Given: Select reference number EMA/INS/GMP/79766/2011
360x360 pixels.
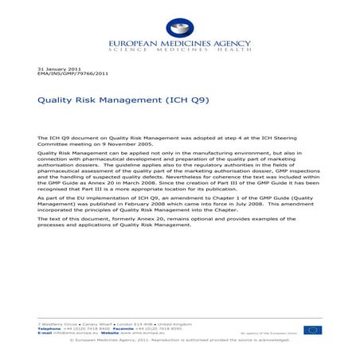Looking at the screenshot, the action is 73,75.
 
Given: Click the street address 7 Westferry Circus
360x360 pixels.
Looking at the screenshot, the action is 60,324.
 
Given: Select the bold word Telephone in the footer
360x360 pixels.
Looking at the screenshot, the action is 51,328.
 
